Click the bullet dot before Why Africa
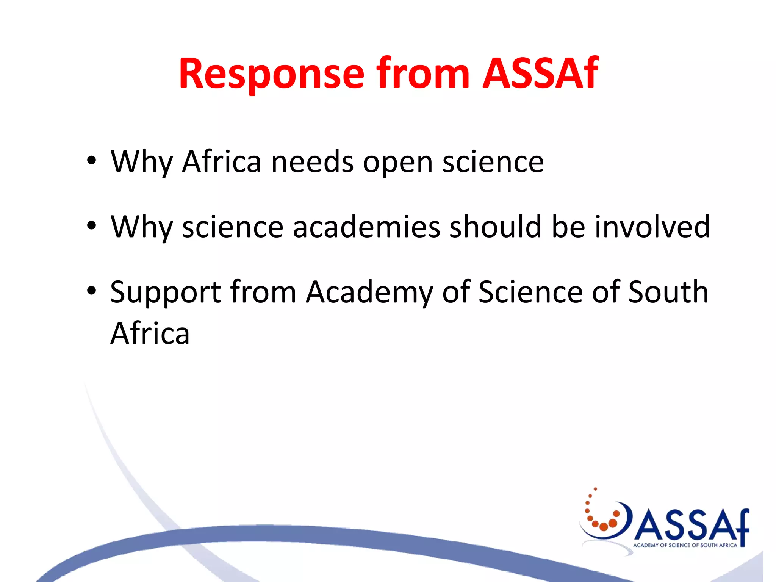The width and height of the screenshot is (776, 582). click(91, 161)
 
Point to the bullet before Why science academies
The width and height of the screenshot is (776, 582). click(91, 226)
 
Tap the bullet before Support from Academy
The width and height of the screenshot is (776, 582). click(91, 291)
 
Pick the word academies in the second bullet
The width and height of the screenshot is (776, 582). click(366, 227)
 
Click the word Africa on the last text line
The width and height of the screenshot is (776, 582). click(150, 333)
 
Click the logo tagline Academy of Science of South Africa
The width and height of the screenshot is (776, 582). click(685, 545)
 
